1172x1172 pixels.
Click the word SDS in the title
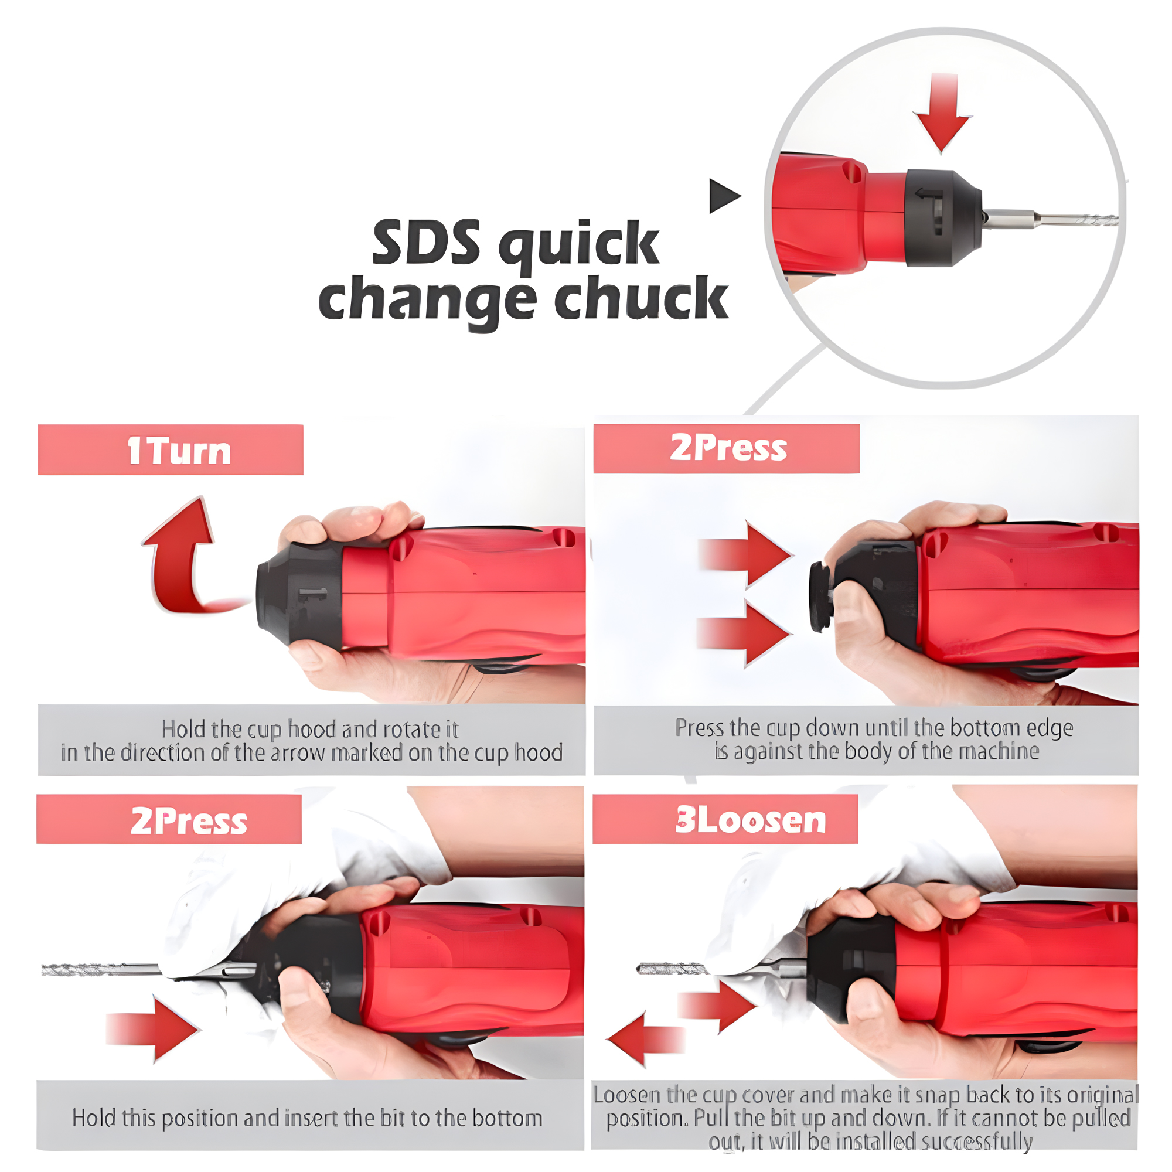(x=426, y=242)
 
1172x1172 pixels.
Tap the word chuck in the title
(x=641, y=298)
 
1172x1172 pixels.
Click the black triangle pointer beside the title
(x=725, y=196)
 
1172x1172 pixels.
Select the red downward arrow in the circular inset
(x=943, y=113)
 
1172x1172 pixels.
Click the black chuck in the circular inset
(x=943, y=218)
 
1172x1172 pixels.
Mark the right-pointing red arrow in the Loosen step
(x=718, y=1006)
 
